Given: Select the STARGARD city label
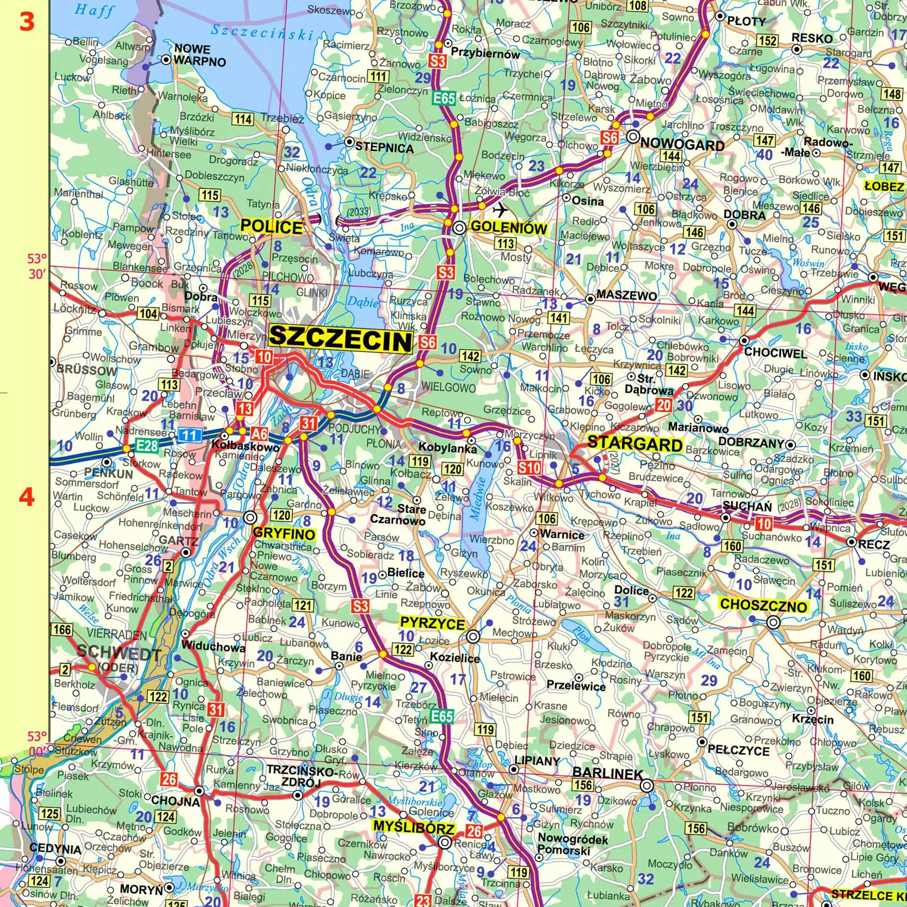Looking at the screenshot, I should [x=634, y=443].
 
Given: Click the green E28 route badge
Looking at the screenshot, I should [x=147, y=446].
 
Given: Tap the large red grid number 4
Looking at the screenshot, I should [x=26, y=497].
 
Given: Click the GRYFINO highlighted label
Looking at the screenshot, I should [x=284, y=534].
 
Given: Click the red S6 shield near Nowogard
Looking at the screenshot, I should [x=610, y=138].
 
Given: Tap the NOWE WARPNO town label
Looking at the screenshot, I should [x=200, y=56].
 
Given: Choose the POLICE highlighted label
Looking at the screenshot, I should [x=271, y=227].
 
